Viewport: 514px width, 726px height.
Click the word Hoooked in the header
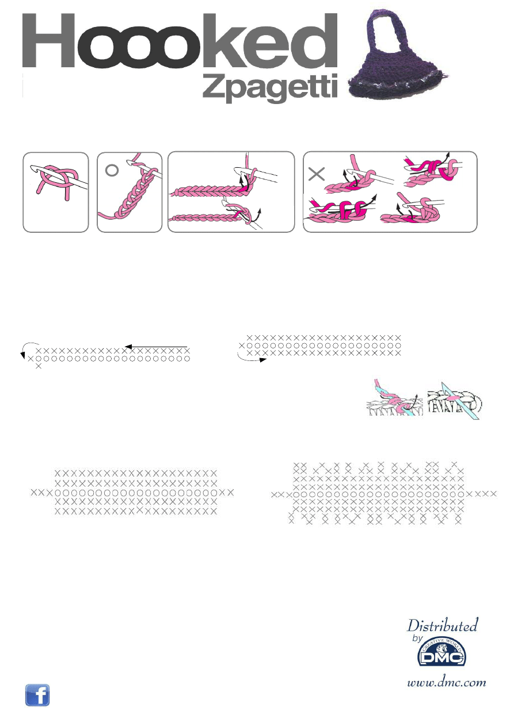(180, 40)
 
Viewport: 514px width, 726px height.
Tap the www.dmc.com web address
(447, 682)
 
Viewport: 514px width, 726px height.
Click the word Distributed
(442, 625)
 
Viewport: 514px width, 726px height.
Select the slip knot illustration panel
(56, 192)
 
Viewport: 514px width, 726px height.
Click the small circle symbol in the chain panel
(112, 170)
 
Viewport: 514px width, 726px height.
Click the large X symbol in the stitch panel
(317, 174)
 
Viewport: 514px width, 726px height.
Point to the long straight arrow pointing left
(156, 347)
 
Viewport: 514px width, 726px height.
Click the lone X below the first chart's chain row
(39, 366)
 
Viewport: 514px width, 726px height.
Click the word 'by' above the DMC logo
(418, 638)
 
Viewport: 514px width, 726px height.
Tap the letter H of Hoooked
(49, 40)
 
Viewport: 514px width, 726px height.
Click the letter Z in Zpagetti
(214, 85)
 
